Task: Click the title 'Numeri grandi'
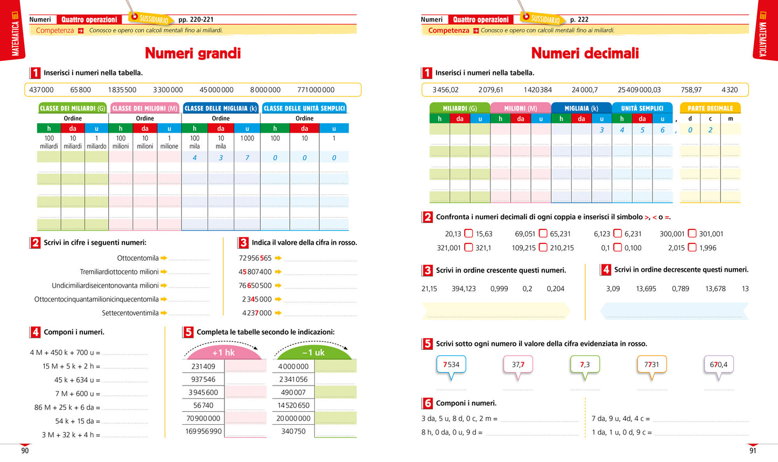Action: coord(193,53)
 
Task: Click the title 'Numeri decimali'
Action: coord(585,53)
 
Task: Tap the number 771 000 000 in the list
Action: coord(316,90)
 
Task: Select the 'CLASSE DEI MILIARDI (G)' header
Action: coord(72,108)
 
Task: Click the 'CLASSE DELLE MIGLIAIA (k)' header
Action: coord(221,108)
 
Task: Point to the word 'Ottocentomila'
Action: coord(138,258)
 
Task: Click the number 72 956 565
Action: coord(255,258)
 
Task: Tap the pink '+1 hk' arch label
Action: coord(223,353)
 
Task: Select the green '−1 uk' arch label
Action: coord(313,353)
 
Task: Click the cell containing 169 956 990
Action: coord(204,431)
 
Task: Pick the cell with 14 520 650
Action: coord(293,405)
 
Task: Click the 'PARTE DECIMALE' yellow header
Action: coord(710,108)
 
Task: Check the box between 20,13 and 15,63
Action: coord(468,234)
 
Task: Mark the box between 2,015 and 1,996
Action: coord(692,248)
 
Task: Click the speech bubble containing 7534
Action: coord(451,365)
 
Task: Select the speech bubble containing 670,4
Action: coord(718,365)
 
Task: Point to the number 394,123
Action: coord(464,289)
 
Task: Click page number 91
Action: coord(753,451)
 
